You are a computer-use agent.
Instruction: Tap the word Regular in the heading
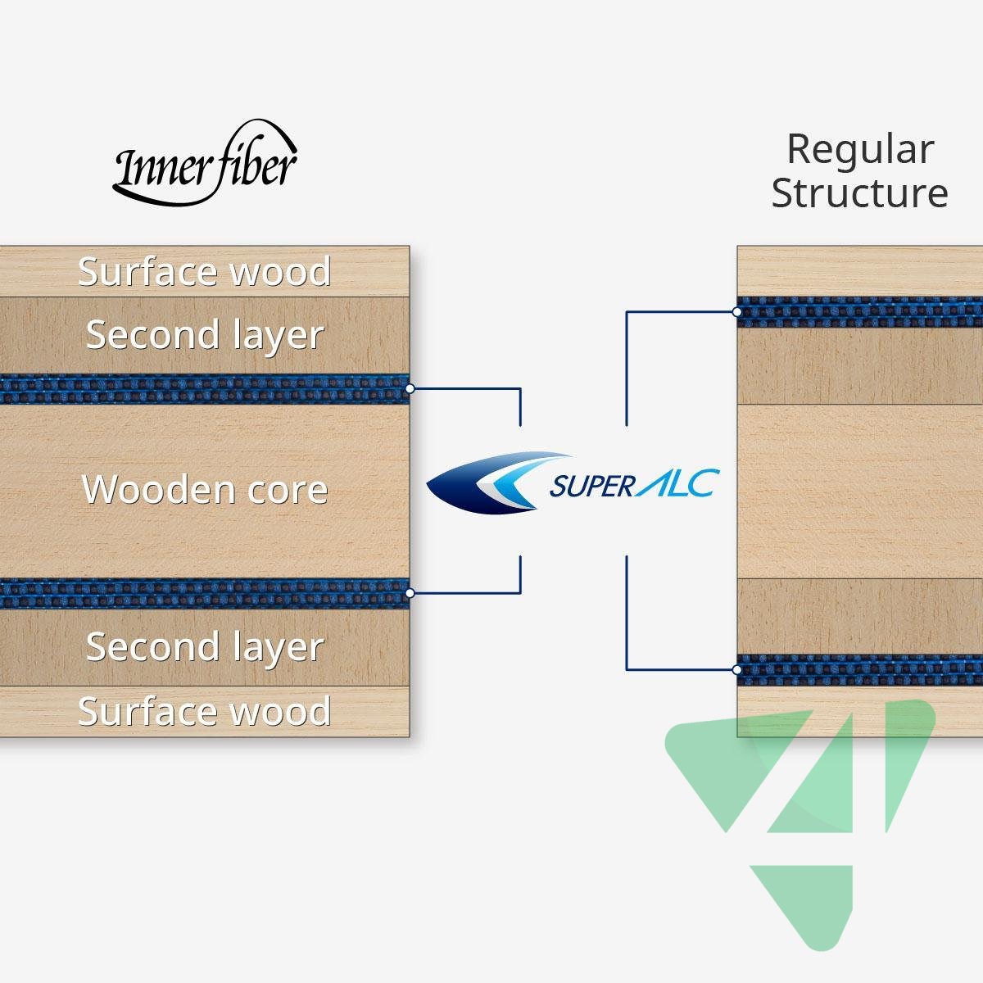coord(860,149)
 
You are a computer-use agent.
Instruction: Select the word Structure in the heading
coord(860,193)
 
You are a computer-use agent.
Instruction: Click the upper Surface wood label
coord(205,272)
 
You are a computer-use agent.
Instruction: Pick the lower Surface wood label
coord(205,711)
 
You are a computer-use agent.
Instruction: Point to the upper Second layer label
coord(205,335)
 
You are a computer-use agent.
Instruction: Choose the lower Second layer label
coord(205,646)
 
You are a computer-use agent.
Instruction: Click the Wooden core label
coord(205,490)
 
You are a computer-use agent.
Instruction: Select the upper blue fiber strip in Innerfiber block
coord(205,389)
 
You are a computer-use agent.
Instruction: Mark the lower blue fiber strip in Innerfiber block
coord(205,593)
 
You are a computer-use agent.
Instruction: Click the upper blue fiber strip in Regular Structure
coord(860,312)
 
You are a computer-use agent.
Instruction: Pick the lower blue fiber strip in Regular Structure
coord(860,669)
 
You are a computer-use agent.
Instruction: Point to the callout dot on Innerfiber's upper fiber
coord(410,388)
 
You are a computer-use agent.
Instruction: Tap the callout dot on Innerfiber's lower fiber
coord(410,592)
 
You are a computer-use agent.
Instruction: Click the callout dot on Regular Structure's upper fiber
coord(737,312)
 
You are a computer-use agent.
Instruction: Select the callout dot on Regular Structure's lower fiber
coord(737,669)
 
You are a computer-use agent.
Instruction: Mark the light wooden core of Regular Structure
coord(860,491)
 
